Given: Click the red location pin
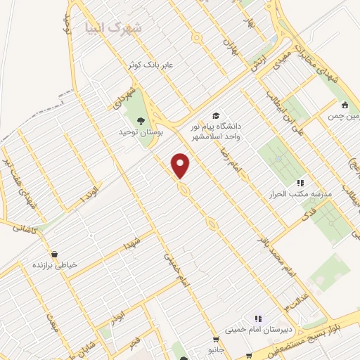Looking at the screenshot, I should click(181, 165).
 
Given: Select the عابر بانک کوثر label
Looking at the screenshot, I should click(169, 64).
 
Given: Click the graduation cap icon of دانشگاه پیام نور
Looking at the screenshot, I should click(216, 115).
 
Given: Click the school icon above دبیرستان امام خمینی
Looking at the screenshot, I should click(257, 317).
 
